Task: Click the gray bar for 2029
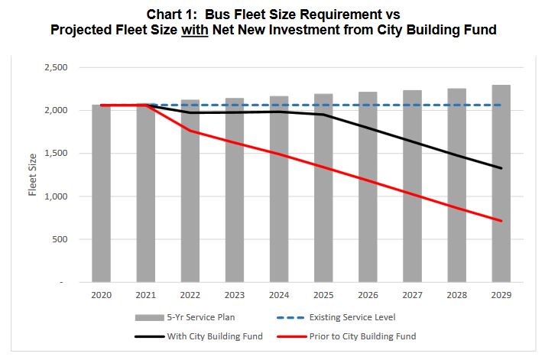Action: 501,183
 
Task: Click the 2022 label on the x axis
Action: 190,294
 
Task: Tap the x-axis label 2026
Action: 368,294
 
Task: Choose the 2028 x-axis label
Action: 456,294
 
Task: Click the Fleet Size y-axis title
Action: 33,174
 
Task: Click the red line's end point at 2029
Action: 501,221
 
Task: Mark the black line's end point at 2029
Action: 501,168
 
